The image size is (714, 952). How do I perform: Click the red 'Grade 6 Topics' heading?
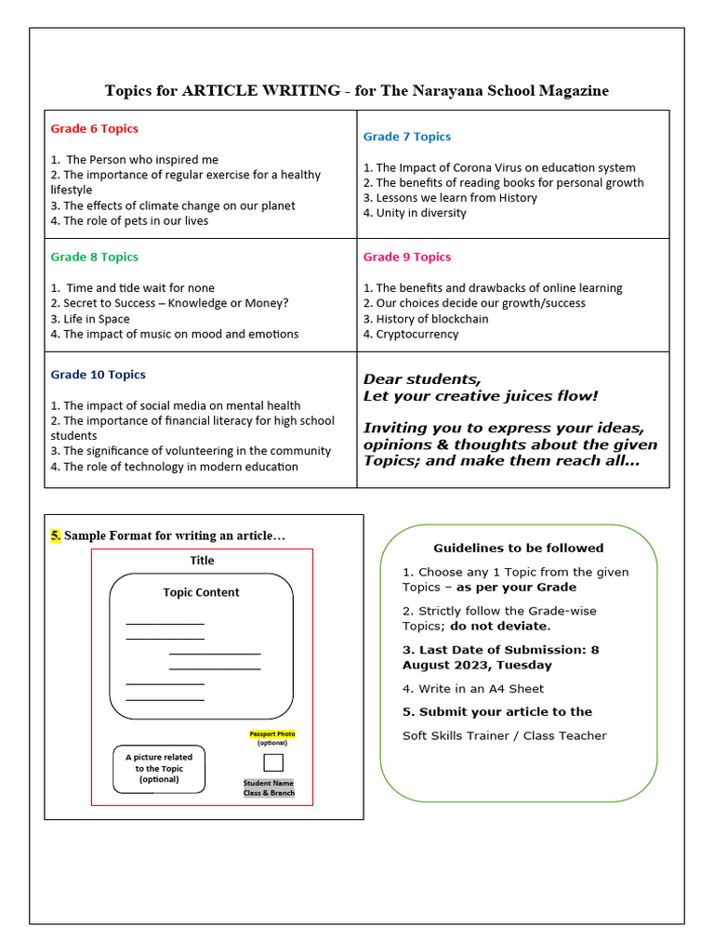coord(94,128)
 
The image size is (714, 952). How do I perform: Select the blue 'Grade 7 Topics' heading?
coord(406,137)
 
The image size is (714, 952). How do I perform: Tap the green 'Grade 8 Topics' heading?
coord(94,257)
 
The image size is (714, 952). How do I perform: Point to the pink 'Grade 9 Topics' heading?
coord(406,257)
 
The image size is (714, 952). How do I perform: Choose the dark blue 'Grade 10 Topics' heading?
coord(98,375)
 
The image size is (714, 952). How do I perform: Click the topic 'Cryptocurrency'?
coord(416,334)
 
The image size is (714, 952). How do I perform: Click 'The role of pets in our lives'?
coord(136,221)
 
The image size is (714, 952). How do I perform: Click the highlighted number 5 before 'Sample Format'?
coord(56,536)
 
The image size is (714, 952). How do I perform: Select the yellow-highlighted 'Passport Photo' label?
coord(272,734)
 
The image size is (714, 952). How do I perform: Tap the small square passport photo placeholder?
coord(273,762)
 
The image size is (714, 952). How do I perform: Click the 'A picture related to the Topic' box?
coord(159,769)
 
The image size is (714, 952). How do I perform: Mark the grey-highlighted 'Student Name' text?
coord(269,783)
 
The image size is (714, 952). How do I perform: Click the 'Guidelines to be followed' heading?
coord(518,548)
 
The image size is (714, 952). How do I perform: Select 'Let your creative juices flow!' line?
coord(481,397)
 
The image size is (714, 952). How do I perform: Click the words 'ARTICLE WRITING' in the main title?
coord(261,90)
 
